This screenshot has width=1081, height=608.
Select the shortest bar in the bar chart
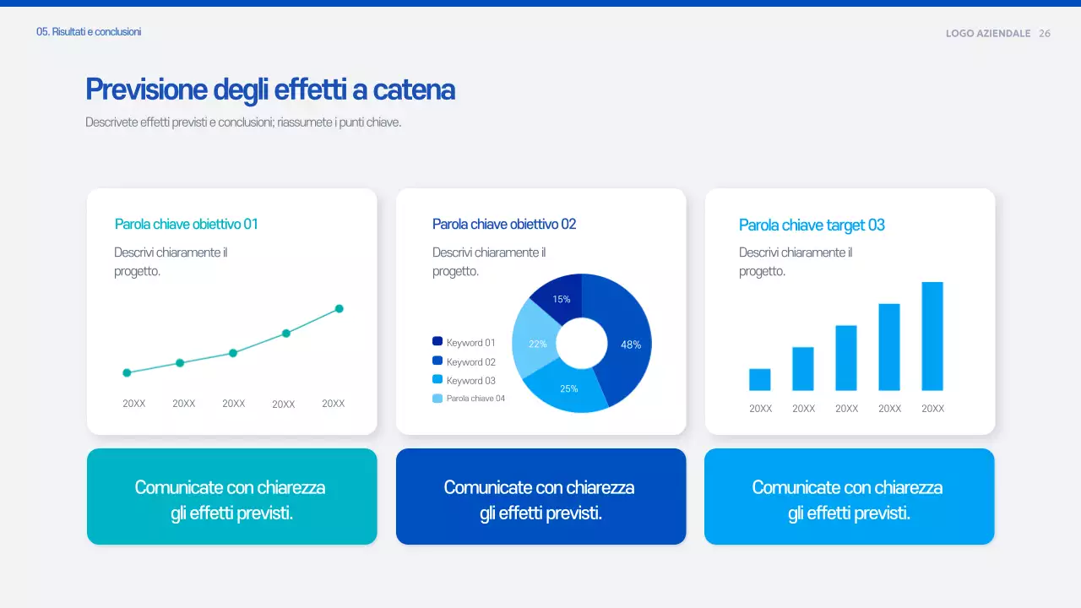[x=760, y=379]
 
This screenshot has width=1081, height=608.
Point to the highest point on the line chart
[x=340, y=308]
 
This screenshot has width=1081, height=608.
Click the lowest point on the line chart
[x=127, y=372]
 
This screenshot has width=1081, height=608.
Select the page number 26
[x=1045, y=34]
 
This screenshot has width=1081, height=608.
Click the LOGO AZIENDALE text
[x=988, y=34]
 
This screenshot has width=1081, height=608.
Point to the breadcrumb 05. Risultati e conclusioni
[x=89, y=32]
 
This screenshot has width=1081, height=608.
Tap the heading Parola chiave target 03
[x=812, y=225]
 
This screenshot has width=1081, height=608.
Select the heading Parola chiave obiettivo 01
[x=186, y=224]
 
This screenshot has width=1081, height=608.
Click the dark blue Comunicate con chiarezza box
[x=540, y=497]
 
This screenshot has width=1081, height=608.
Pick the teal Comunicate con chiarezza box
[x=231, y=497]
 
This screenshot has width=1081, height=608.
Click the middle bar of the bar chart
[x=846, y=358]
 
